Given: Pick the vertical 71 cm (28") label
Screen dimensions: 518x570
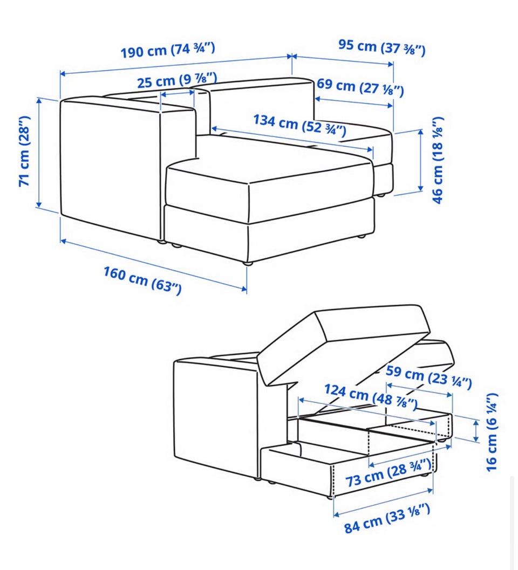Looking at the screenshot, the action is coord(25,151).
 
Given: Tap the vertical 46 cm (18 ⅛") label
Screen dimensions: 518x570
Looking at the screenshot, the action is coord(438,160).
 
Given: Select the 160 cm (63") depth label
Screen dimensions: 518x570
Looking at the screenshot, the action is coord(142,280).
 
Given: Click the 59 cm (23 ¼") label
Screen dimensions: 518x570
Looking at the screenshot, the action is coord(429,376).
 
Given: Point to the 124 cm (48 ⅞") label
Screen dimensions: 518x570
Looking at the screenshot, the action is coord(371,396).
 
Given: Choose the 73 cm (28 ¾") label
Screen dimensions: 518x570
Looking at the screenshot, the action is coord(388,472).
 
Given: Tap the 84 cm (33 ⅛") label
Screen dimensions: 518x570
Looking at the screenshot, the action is coord(387,518).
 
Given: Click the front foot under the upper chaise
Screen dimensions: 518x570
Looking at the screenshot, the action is coord(247,263).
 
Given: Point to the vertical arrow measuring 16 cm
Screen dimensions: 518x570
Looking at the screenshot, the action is coord(476,431).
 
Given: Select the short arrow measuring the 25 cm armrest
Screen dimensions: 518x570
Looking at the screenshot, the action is coord(178,93).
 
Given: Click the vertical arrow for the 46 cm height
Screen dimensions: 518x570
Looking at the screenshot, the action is coord(421,160).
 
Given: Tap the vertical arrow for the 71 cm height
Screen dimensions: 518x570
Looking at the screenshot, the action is coord(38,153).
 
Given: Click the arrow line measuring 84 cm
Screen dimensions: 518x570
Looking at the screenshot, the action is coord(384,503).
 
